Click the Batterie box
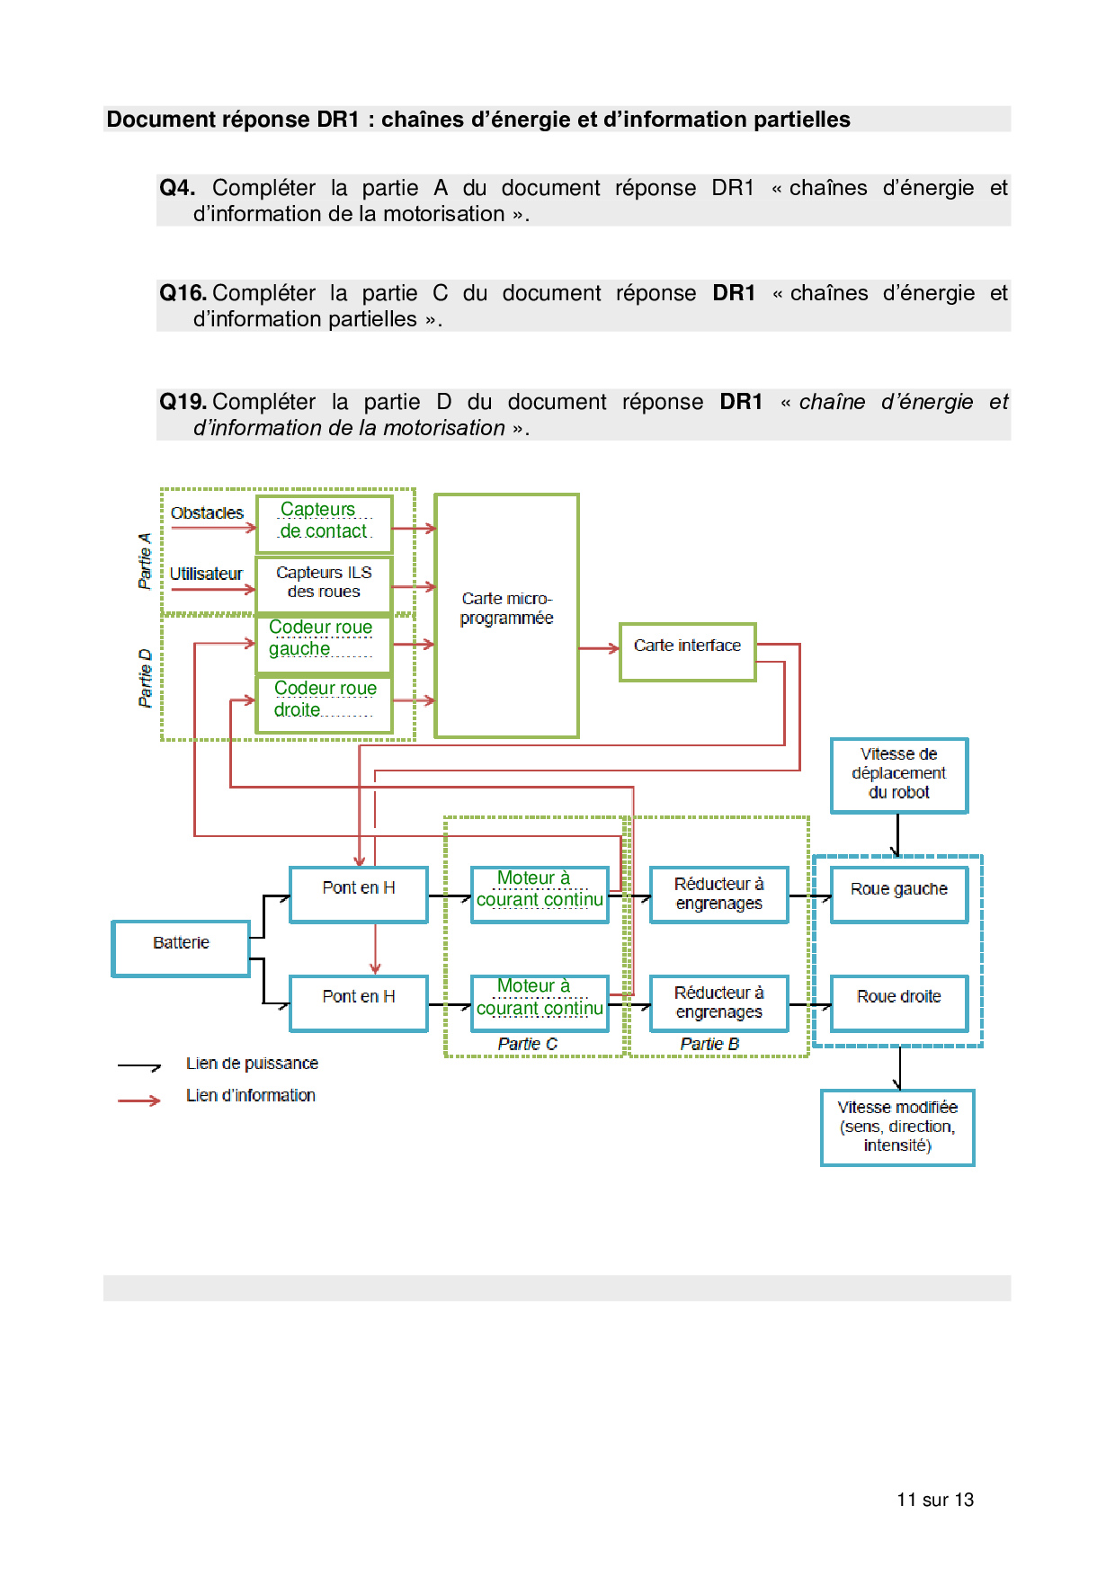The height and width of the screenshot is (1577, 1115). pos(181,949)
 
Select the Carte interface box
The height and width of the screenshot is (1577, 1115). pos(687,652)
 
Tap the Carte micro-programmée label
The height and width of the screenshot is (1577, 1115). pos(506,609)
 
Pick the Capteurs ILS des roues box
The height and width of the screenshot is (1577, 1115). pos(324,583)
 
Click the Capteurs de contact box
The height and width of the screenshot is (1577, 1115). pos(324,523)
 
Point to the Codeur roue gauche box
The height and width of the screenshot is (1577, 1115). pos(324,643)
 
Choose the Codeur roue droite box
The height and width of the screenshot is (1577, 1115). pos(324,703)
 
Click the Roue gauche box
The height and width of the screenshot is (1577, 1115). pos(899,895)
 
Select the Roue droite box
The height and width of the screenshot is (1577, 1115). pos(899,1002)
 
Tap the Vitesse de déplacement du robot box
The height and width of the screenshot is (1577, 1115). pos(899,775)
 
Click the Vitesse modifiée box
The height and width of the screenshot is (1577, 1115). pos(897,1127)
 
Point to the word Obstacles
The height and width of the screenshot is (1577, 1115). pos(207,513)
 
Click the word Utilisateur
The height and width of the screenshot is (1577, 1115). pos(206,574)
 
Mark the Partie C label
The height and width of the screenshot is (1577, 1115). pos(528,1044)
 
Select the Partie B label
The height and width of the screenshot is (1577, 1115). pos(709,1044)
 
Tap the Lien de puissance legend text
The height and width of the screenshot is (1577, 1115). pos(252,1064)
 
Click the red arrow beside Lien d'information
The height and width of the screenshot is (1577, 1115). pos(139,1100)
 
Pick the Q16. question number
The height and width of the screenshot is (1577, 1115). pos(183,293)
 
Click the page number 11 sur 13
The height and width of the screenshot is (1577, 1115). pos(935,1500)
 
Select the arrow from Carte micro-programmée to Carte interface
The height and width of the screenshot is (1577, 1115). pos(599,648)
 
